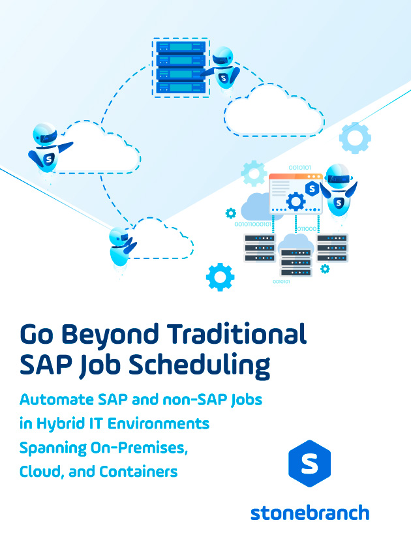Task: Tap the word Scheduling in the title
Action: click(200, 366)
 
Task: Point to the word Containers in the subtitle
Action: click(138, 472)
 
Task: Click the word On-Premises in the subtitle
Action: click(139, 448)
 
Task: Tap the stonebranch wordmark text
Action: click(310, 513)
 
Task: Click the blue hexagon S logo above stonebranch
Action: click(310, 463)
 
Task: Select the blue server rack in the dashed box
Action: click(181, 67)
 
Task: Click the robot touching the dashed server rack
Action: click(222, 68)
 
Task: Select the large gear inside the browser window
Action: click(296, 202)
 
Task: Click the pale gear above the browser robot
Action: click(355, 138)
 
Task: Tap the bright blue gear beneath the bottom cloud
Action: click(221, 277)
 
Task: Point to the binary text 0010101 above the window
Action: click(299, 168)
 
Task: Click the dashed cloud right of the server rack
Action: click(274, 111)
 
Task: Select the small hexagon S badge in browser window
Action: click(312, 189)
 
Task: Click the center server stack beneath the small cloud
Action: click(296, 262)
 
